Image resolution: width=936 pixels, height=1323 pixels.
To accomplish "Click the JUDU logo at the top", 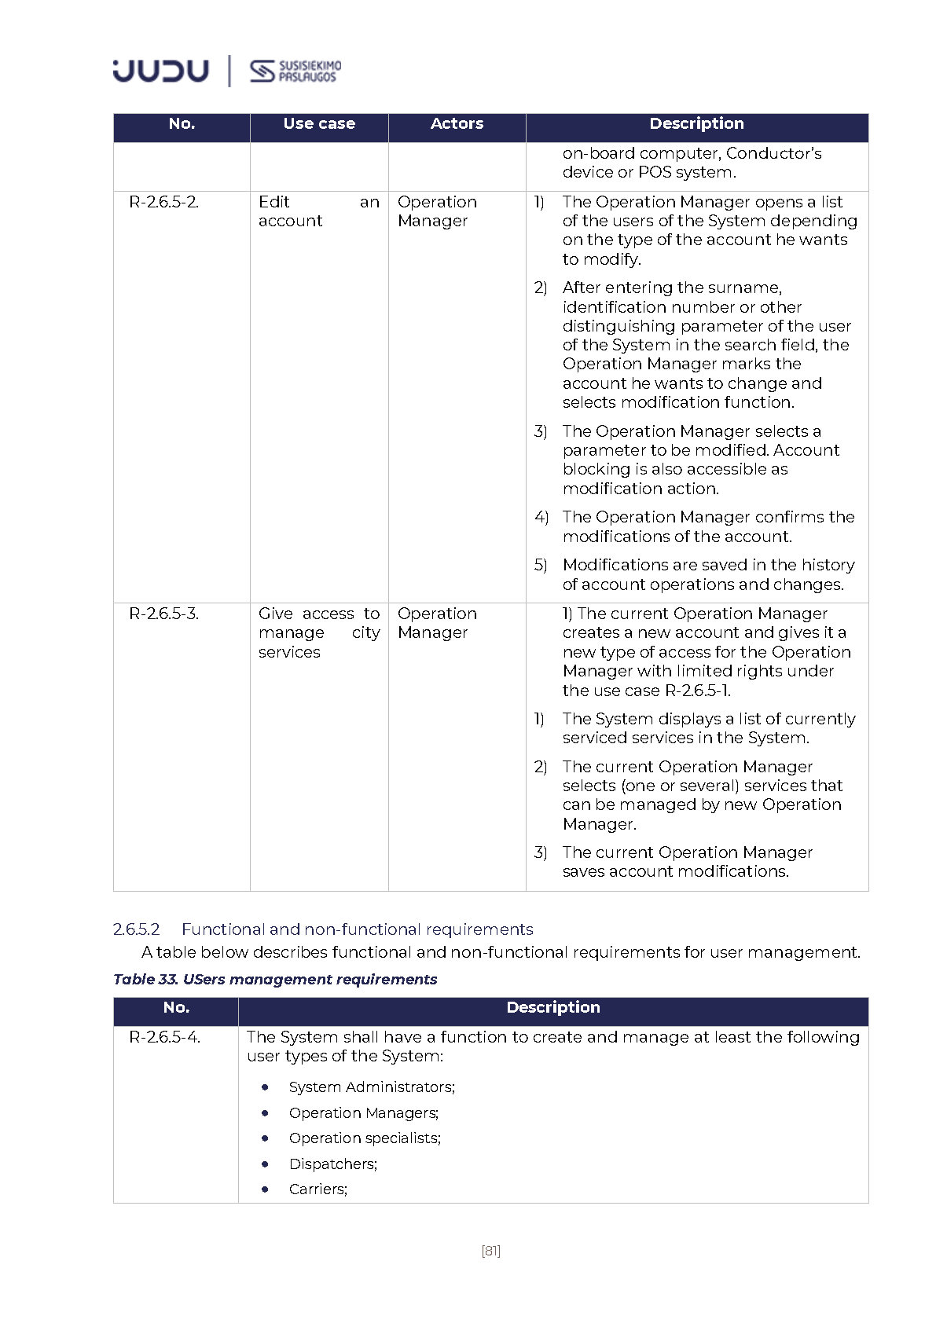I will [160, 71].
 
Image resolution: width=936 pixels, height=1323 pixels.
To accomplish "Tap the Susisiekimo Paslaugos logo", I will [295, 71].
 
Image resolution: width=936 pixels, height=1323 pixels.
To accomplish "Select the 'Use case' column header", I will [319, 123].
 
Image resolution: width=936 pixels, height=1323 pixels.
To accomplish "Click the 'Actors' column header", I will [457, 123].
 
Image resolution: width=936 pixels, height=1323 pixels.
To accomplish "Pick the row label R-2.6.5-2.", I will [163, 202].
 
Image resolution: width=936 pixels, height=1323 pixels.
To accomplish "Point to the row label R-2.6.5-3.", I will [163, 614].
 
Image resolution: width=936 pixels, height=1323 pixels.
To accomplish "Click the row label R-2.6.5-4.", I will [164, 1037].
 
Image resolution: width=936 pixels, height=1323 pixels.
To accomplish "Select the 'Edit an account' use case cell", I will [318, 211].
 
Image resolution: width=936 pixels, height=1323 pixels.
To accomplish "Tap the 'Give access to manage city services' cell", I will [318, 632].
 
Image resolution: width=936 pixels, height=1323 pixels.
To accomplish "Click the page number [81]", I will [490, 1251].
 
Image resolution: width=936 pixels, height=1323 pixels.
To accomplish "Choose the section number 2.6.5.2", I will [136, 929].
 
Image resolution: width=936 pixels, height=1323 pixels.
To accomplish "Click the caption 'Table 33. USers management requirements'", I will [275, 979].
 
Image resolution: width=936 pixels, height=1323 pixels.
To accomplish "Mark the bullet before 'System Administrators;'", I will [266, 1087].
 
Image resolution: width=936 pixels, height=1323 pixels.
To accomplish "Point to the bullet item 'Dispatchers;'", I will [332, 1164].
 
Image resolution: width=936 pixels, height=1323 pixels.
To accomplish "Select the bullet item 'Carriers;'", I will [318, 1189].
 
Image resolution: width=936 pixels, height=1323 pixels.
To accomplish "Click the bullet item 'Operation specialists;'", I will [365, 1138].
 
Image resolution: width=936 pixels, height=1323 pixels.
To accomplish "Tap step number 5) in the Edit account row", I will [541, 565].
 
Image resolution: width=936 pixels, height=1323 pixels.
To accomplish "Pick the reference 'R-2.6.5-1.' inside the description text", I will [698, 691].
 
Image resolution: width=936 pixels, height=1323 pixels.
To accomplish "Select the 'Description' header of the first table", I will [696, 123].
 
